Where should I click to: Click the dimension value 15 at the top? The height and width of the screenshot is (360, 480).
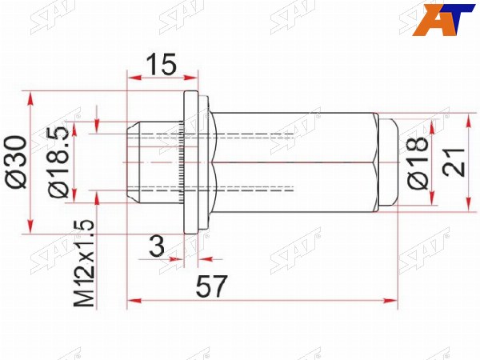click(162, 64)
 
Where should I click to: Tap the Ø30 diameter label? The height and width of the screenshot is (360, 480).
click(16, 162)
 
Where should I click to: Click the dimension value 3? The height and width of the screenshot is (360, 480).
click(157, 246)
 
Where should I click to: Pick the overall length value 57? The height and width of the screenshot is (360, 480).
click(212, 286)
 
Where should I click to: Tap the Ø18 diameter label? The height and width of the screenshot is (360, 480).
click(418, 162)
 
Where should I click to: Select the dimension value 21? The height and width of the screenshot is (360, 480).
click(454, 162)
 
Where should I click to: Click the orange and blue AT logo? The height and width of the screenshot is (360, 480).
click(443, 20)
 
